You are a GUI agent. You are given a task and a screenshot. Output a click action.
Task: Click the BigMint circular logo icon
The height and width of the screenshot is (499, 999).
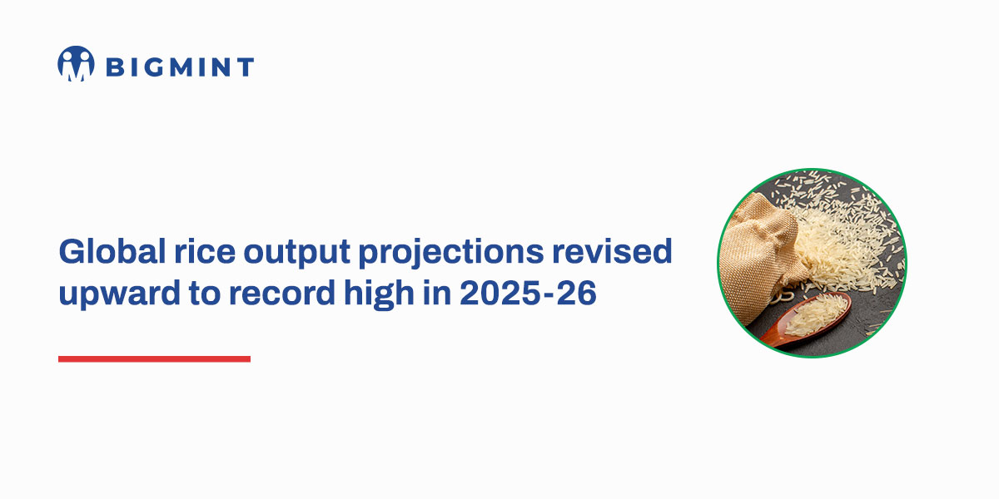pyautogui.click(x=76, y=64)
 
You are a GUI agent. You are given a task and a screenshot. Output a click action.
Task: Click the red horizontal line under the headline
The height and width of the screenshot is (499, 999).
pyautogui.click(x=154, y=359)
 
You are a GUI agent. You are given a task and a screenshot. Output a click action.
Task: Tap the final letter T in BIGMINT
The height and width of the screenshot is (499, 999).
pyautogui.click(x=244, y=67)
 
